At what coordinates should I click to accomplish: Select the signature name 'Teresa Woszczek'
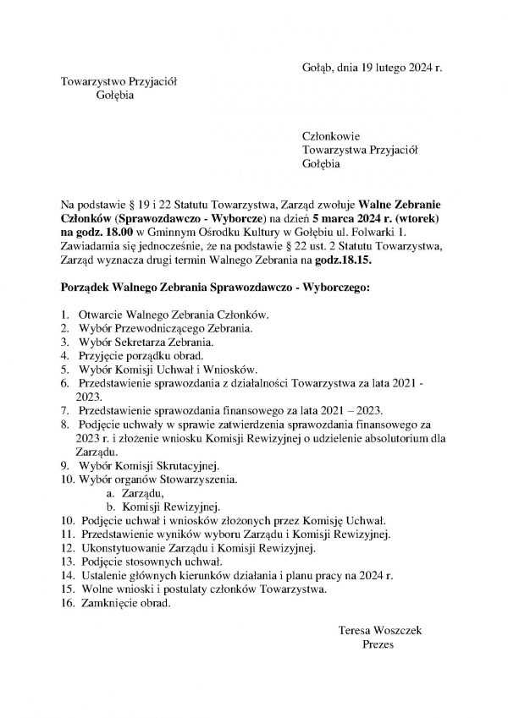click(x=379, y=631)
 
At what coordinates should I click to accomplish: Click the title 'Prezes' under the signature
click(x=377, y=644)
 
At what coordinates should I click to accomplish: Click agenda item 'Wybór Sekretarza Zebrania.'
click(x=146, y=342)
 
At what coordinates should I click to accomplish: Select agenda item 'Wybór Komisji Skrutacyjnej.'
click(x=149, y=465)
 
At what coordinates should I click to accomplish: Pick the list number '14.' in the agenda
click(x=68, y=576)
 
